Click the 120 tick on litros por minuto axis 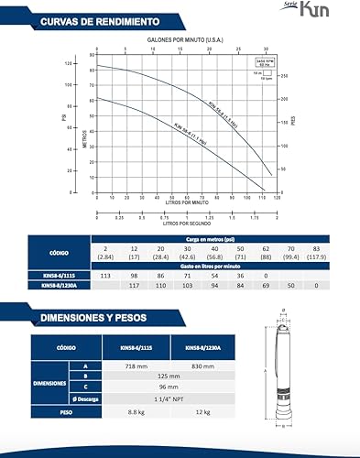[274, 197]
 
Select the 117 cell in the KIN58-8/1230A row [135, 285]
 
